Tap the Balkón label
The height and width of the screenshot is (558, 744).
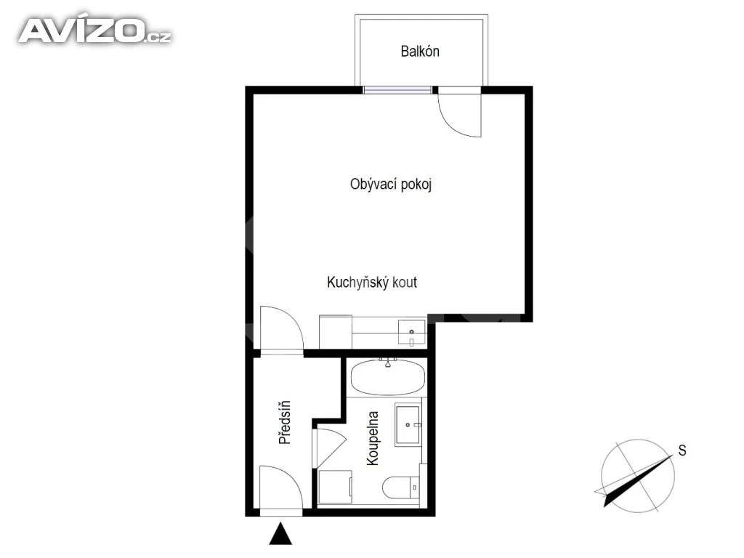point(420,52)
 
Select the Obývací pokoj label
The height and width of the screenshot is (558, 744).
point(391,184)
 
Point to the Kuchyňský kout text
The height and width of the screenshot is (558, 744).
point(372,283)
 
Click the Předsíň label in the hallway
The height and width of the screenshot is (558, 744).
point(285,422)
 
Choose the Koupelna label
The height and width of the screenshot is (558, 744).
point(373,438)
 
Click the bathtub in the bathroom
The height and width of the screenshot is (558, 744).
point(388,377)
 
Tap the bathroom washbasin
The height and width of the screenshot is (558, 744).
point(408,424)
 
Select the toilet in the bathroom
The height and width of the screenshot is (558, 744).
point(401,488)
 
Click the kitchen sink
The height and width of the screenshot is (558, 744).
point(411,333)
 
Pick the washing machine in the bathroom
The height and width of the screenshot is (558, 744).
point(335,487)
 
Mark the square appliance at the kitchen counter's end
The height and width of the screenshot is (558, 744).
point(336,331)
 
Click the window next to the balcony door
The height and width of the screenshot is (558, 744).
point(397,90)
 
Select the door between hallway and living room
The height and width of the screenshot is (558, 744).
point(281,331)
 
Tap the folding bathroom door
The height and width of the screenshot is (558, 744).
point(328,448)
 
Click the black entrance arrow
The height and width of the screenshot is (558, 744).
point(281,533)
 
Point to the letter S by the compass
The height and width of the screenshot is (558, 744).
point(682,450)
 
